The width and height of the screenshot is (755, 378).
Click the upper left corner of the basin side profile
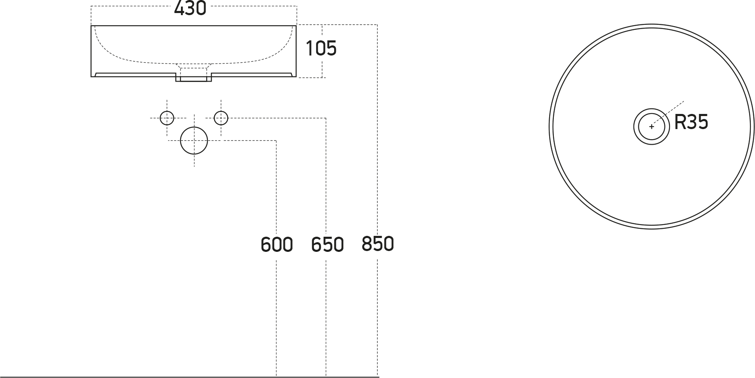[91, 26]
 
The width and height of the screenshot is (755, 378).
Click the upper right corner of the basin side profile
[296, 26]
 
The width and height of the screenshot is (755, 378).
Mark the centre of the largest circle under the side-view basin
[194, 140]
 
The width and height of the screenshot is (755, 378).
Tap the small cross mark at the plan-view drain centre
[651, 127]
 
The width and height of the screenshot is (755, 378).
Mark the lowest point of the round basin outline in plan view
[651, 229]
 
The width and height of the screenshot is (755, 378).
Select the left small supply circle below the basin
[167, 118]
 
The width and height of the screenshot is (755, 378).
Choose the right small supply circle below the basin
[221, 118]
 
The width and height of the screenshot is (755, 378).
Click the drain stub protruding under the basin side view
[194, 77]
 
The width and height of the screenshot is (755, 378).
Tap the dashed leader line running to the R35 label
[667, 114]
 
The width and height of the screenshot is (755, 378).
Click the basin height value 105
[321, 48]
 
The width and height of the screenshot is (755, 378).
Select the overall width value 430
[190, 8]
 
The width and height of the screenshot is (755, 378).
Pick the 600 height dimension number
[277, 244]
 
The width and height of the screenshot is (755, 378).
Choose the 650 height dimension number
[327, 244]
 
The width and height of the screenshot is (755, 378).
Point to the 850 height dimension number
[377, 244]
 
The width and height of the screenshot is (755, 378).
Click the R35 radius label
[691, 122]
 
